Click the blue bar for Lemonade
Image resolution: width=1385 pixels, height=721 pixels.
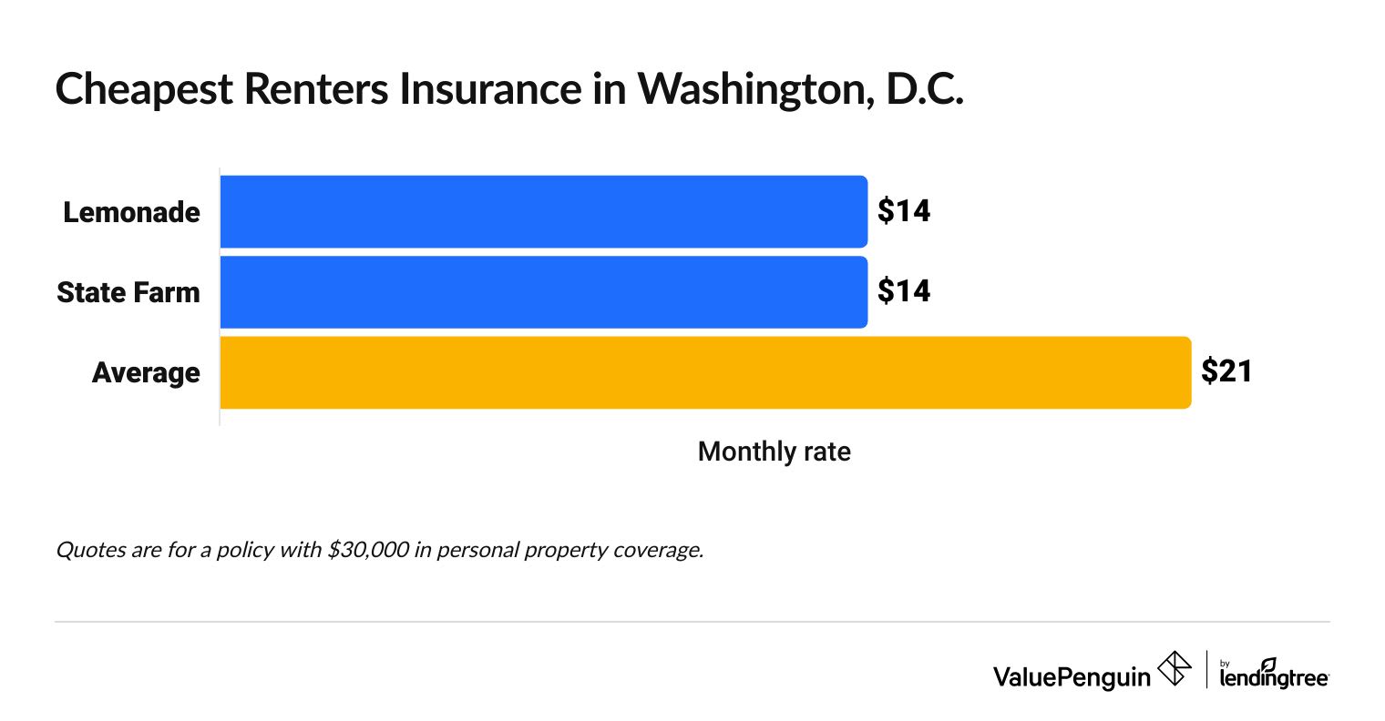click(543, 211)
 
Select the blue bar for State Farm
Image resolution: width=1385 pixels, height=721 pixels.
click(543, 291)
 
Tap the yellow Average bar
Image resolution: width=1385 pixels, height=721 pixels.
click(704, 372)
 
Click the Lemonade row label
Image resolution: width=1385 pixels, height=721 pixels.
click(131, 212)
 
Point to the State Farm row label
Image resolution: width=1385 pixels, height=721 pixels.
click(128, 292)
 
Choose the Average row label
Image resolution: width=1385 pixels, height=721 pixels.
click(146, 373)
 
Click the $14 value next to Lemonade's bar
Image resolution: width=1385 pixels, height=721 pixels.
click(903, 211)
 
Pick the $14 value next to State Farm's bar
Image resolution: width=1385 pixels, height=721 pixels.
click(903, 291)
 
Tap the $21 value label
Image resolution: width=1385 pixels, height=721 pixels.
click(1226, 371)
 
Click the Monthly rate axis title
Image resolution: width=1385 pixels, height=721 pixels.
click(774, 452)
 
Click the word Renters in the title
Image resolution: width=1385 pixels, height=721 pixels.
click(308, 89)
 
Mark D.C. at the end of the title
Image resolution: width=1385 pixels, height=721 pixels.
click(924, 89)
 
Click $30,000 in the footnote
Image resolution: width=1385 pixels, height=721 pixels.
click(368, 550)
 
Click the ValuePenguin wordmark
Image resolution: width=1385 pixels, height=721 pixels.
click(1072, 675)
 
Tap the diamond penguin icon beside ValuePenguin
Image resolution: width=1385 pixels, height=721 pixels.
click(1174, 669)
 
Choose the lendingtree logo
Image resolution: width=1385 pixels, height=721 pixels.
click(1274, 675)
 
